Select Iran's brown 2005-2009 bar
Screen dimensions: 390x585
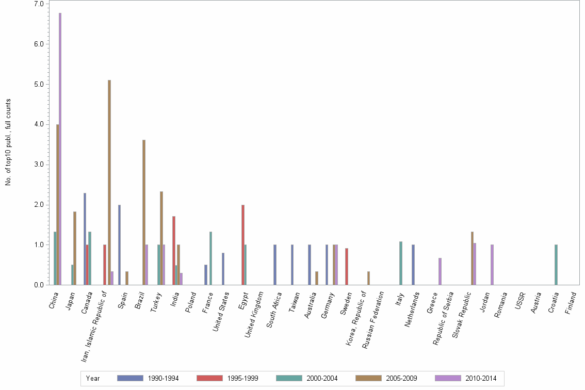point(109,183)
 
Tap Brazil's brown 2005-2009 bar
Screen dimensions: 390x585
point(144,213)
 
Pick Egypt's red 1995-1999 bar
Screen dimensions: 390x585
point(242,245)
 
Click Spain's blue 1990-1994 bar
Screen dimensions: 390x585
point(119,245)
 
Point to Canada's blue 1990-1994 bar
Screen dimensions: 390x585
point(85,239)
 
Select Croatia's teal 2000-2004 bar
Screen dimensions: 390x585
point(556,265)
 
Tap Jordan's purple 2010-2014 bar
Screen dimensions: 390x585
point(492,265)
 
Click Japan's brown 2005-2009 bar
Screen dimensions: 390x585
point(75,248)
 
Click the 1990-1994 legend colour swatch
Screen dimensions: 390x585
point(130,378)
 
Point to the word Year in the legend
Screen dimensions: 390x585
point(93,378)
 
